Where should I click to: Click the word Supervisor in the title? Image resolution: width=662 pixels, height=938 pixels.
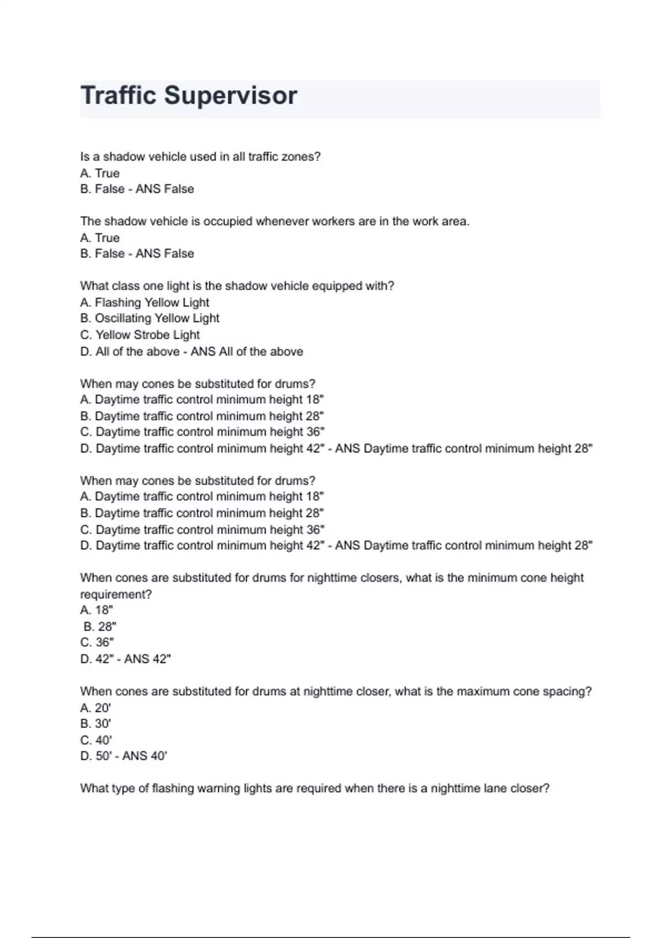(x=231, y=96)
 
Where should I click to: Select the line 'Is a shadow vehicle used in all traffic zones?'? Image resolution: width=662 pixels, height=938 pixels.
(x=200, y=157)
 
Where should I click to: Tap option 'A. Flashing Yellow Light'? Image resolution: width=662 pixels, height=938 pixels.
(x=145, y=302)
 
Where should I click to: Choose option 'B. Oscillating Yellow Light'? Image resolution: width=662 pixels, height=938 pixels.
(x=150, y=318)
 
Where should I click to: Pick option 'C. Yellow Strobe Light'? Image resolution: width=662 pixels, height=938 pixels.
(x=140, y=335)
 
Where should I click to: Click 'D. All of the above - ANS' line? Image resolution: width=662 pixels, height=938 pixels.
(x=191, y=351)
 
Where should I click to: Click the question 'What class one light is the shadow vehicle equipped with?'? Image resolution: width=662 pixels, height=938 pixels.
(x=237, y=286)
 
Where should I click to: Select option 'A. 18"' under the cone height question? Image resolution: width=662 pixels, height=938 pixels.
(x=97, y=610)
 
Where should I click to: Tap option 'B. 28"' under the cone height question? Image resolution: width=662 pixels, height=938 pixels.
(x=100, y=627)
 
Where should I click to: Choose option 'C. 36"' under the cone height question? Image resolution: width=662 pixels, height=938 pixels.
(x=97, y=642)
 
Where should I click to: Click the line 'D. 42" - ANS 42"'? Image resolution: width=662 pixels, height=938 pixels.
(x=126, y=659)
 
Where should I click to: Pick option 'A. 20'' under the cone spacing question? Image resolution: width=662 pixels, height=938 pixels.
(x=96, y=708)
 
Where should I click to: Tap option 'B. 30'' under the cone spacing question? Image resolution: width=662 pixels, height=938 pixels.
(x=96, y=724)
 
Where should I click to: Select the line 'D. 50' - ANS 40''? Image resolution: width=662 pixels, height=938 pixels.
(x=124, y=756)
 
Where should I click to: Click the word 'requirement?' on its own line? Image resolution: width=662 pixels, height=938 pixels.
(x=116, y=594)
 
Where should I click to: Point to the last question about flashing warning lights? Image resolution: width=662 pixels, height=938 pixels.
(x=314, y=788)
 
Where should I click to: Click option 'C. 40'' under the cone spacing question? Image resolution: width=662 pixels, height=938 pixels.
(x=96, y=740)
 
